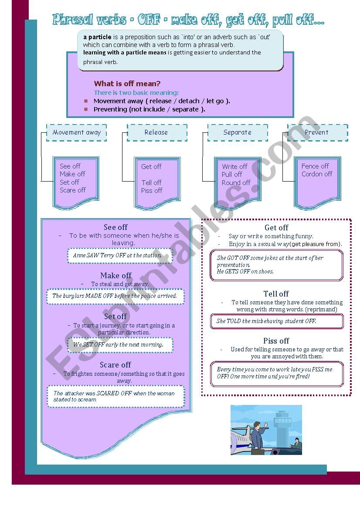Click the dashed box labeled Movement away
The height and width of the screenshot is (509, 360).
[x=77, y=132]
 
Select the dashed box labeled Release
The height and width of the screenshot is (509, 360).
[x=156, y=132]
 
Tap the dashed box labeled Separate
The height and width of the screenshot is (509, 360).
[x=238, y=132]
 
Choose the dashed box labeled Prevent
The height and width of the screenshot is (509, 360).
[x=317, y=132]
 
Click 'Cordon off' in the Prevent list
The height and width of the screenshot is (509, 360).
[x=317, y=174]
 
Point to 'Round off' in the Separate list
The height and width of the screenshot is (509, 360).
[x=236, y=183]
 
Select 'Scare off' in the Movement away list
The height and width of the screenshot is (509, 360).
[x=73, y=190]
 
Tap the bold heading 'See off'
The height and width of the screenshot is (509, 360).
[x=116, y=227]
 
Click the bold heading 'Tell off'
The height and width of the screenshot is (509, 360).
[x=276, y=294]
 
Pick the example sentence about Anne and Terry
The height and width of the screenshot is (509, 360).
[x=117, y=256]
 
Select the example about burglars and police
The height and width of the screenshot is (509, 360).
[x=115, y=296]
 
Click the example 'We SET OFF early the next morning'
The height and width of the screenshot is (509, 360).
[x=118, y=344]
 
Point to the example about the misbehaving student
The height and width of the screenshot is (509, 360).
[x=267, y=321]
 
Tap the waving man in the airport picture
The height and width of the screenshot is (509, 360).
[x=258, y=435]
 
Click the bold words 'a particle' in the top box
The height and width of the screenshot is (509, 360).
[x=98, y=37]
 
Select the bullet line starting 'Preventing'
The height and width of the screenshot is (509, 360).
[x=149, y=109]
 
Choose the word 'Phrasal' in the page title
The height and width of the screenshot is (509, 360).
[x=73, y=20]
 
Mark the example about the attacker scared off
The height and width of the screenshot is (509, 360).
[x=114, y=396]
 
